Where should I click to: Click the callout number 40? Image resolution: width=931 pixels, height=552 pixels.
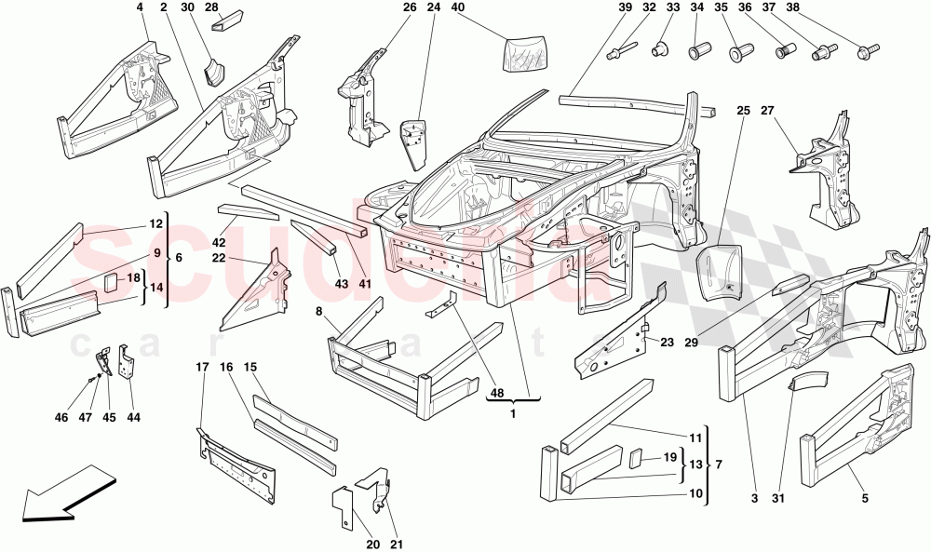[458, 8]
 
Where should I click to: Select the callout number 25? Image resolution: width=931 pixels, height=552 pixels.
[743, 111]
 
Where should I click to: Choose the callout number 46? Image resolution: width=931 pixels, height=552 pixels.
[61, 418]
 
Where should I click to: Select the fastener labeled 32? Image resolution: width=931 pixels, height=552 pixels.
[621, 51]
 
